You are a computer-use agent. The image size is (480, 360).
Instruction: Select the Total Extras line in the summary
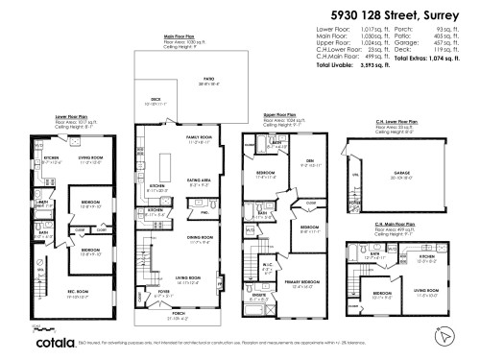coord(422,59)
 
